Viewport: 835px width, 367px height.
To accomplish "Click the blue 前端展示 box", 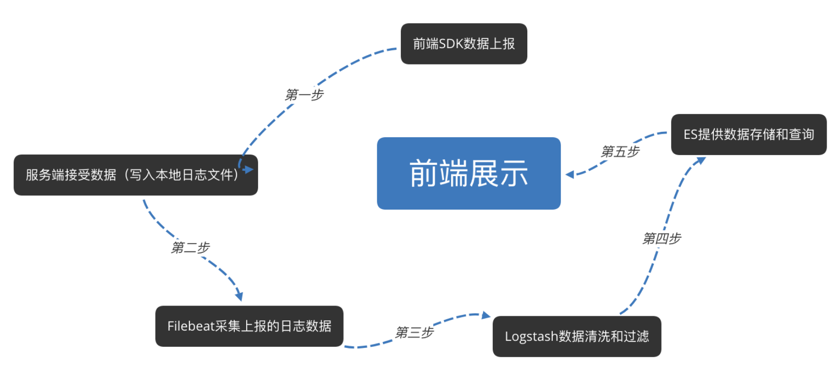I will pyautogui.click(x=468, y=173).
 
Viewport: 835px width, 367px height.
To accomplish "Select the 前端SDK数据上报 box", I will pyautogui.click(x=464, y=44).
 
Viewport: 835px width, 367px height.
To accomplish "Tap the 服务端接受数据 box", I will pyautogui.click(x=135, y=175).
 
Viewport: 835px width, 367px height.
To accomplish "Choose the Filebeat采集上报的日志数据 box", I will pyautogui.click(x=249, y=326).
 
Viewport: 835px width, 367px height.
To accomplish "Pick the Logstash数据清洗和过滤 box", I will pyautogui.click(x=577, y=336).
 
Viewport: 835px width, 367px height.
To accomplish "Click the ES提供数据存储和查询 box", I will pyautogui.click(x=748, y=134).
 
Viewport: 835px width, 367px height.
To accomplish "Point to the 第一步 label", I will pyautogui.click(x=304, y=94).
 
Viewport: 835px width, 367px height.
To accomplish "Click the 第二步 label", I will pyautogui.click(x=190, y=247).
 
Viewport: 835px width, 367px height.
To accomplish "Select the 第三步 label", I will pyautogui.click(x=414, y=333).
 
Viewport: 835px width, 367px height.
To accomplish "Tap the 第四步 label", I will pyautogui.click(x=661, y=239).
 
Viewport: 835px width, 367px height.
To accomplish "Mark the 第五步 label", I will pyautogui.click(x=619, y=152).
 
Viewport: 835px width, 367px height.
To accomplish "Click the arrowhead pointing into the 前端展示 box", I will pyautogui.click(x=570, y=174).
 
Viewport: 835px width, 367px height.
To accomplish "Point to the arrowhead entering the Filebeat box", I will pyautogui.click(x=239, y=296).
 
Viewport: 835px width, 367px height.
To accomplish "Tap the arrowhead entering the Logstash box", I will pyautogui.click(x=486, y=315).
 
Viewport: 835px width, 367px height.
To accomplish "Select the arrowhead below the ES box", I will pyautogui.click(x=701, y=160).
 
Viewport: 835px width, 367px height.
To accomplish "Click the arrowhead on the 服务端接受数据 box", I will pyautogui.click(x=249, y=169).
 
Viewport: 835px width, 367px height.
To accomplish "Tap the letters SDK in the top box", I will pyautogui.click(x=450, y=44).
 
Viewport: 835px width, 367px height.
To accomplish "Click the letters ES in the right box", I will pyautogui.click(x=690, y=134).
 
